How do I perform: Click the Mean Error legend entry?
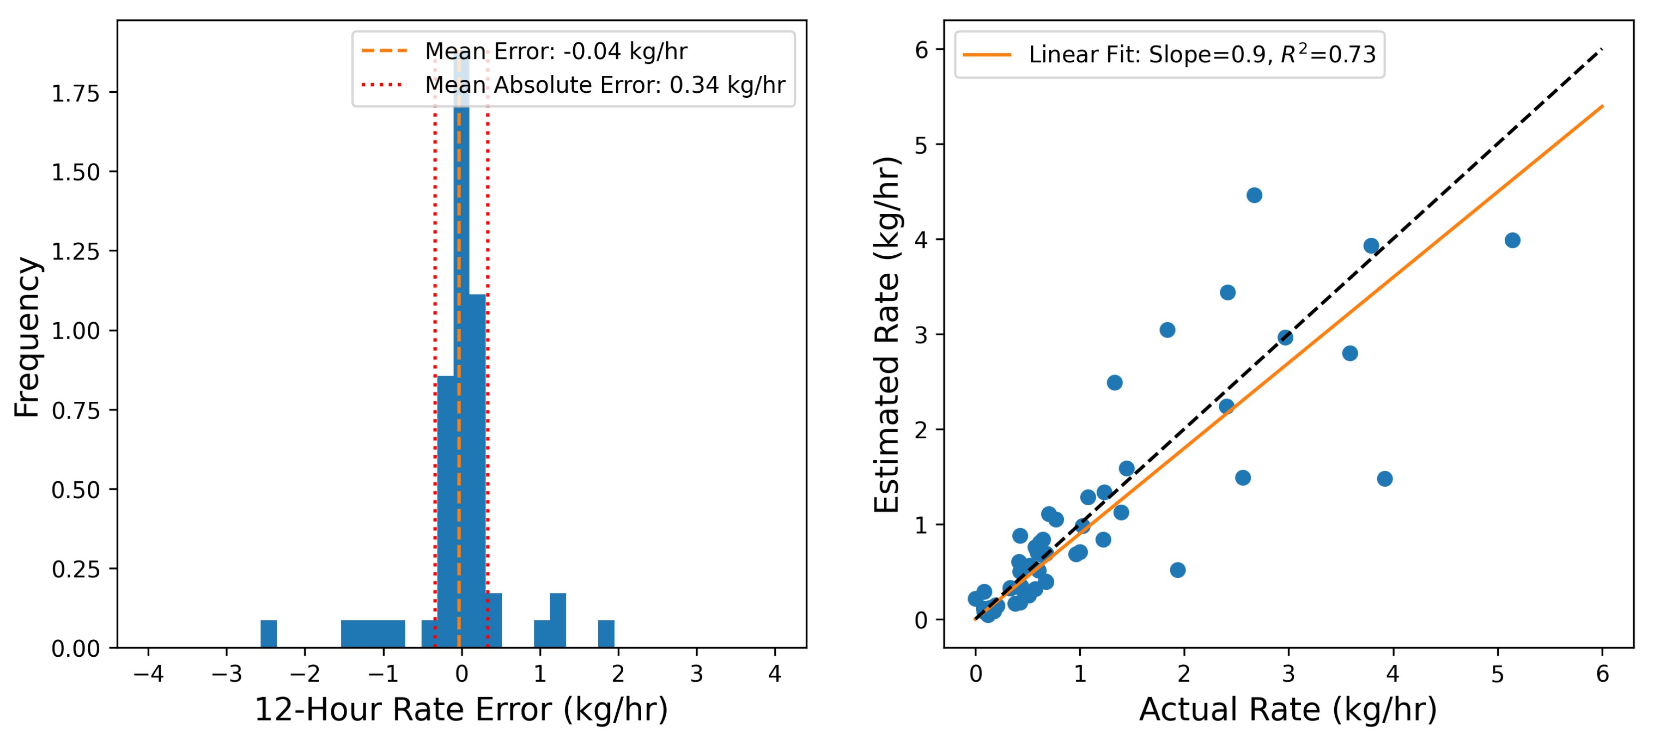click(x=556, y=51)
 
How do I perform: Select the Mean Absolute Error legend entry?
click(x=604, y=85)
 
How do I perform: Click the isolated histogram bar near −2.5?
click(x=268, y=633)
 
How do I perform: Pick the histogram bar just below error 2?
click(x=606, y=633)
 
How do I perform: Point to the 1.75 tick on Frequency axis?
click(x=76, y=94)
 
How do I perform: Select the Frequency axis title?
click(x=27, y=337)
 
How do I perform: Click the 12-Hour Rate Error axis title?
click(x=462, y=710)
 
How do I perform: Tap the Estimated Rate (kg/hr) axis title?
click(x=887, y=334)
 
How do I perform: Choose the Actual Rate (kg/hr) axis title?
click(x=1288, y=710)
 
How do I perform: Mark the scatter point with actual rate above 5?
click(x=1512, y=240)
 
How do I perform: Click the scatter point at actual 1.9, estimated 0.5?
click(x=1178, y=570)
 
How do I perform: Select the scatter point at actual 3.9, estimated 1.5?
click(x=1385, y=479)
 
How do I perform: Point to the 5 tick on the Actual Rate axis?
click(x=1498, y=673)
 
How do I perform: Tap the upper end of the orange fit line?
click(x=1602, y=106)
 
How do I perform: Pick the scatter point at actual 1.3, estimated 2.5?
click(x=1115, y=383)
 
